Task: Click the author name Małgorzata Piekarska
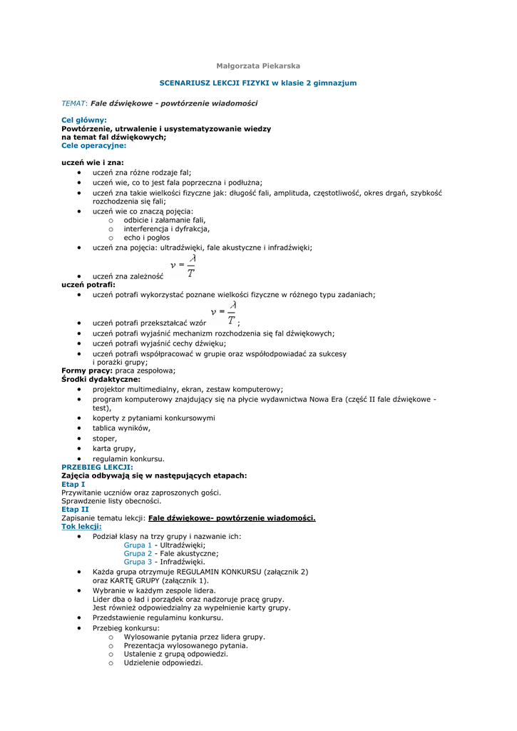(x=257, y=66)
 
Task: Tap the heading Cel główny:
(x=84, y=120)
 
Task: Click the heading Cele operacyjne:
(x=93, y=145)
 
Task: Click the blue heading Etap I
(x=73, y=484)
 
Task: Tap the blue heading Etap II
(x=75, y=510)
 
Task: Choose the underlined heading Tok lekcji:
(x=81, y=526)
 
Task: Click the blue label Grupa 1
(x=138, y=545)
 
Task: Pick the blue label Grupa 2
(x=138, y=553)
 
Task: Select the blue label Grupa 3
(x=138, y=562)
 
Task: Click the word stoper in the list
(x=104, y=438)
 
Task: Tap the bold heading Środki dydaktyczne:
(x=101, y=380)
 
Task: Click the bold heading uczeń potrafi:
(x=88, y=284)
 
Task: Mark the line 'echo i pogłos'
(x=146, y=238)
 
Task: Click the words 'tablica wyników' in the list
(x=121, y=428)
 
